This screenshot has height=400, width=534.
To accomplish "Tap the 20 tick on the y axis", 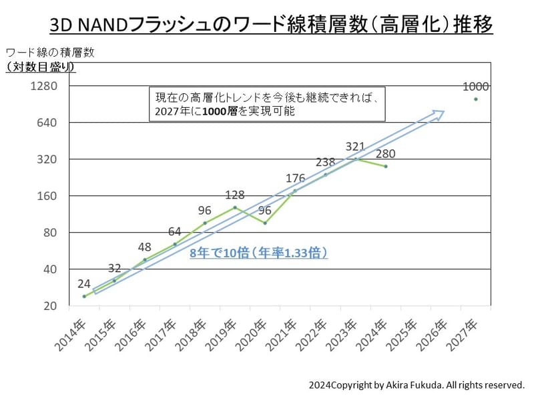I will pyautogui.click(x=51, y=306).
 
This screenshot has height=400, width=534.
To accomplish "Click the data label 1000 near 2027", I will pyautogui.click(x=475, y=87).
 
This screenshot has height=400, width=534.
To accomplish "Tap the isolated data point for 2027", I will pyautogui.click(x=475, y=99).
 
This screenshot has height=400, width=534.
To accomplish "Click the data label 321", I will pyautogui.click(x=355, y=147).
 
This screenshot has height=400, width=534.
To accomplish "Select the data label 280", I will pyautogui.click(x=385, y=154).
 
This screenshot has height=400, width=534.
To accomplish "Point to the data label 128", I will pyautogui.click(x=235, y=195).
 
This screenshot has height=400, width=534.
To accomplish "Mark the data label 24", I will pyautogui.click(x=84, y=283).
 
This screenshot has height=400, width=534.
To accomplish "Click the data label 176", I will pyautogui.click(x=295, y=178).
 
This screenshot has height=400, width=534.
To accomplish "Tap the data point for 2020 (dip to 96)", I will pyautogui.click(x=265, y=223).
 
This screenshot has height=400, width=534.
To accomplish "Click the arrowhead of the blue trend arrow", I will pyautogui.click(x=438, y=113).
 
